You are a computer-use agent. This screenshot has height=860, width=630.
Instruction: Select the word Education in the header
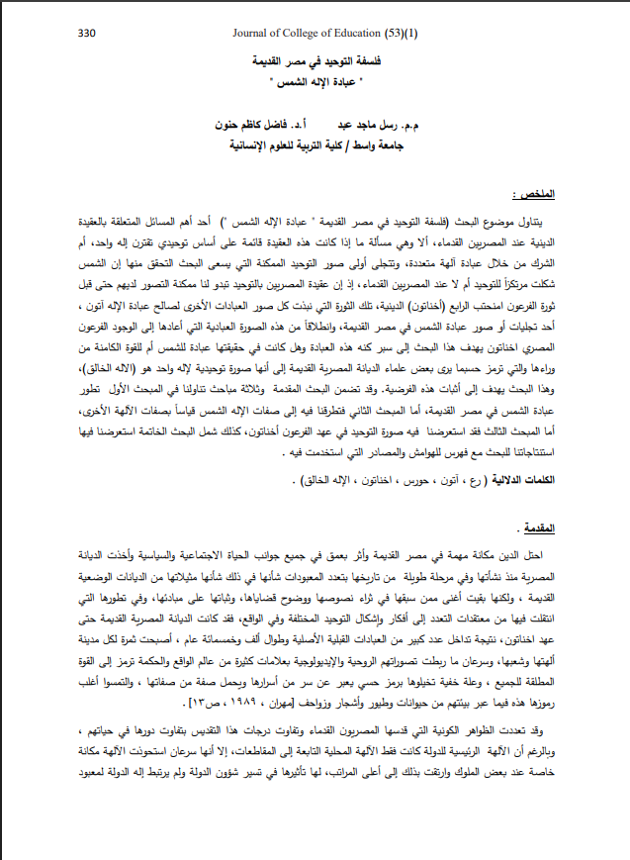point(352,33)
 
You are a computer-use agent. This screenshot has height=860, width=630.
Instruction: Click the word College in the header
point(303,33)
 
